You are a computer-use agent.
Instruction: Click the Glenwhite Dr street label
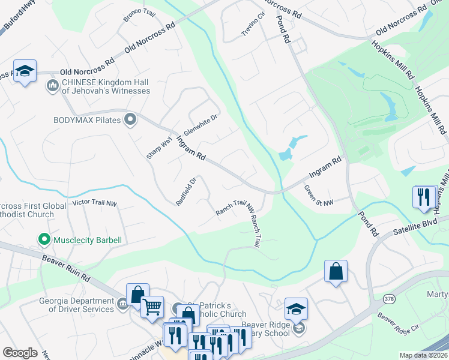click(x=200, y=125)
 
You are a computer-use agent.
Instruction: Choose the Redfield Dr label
click(x=186, y=191)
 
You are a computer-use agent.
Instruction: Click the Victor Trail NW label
click(x=94, y=203)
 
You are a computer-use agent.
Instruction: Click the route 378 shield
click(x=388, y=298)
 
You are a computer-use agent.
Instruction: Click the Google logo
click(x=20, y=352)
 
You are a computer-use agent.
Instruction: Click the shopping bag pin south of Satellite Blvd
click(x=336, y=271)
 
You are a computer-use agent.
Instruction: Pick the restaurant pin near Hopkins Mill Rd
click(x=424, y=196)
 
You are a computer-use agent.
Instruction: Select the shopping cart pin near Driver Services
click(x=152, y=307)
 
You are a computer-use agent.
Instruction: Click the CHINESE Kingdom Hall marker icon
click(x=52, y=86)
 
